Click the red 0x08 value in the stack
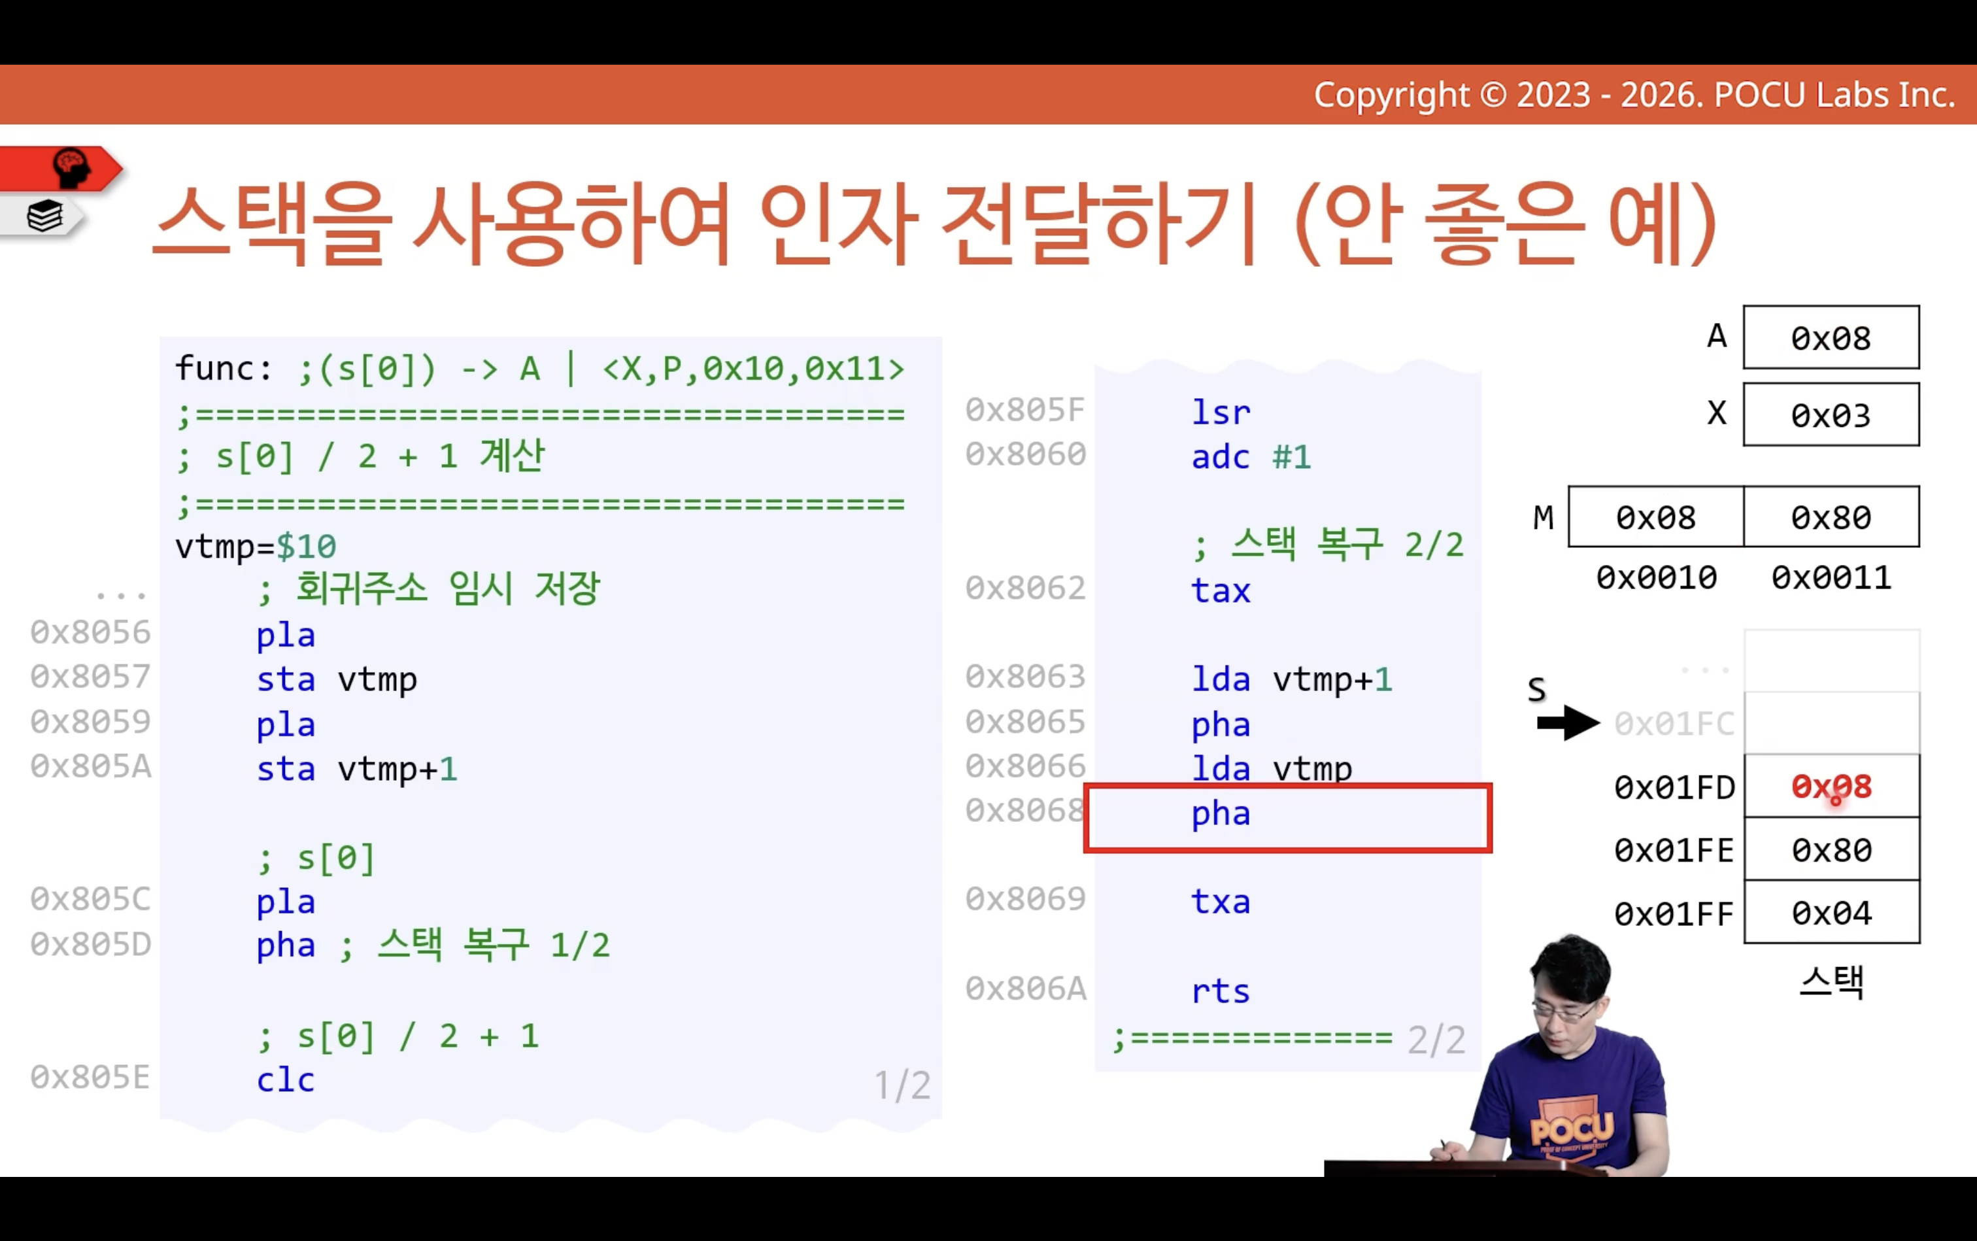point(1831,787)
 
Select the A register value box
point(1831,337)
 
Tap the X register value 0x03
point(1831,415)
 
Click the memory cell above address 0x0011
point(1832,517)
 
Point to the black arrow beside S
point(1568,723)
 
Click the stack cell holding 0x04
point(1832,912)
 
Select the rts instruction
point(1221,991)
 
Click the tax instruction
point(1221,590)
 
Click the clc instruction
point(285,1079)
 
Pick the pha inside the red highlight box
point(1221,813)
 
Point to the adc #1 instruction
point(1251,456)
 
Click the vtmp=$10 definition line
point(255,546)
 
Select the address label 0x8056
point(91,632)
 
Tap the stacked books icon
point(45,216)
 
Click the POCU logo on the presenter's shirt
point(1572,1128)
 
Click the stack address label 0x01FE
point(1674,850)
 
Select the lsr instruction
point(1221,412)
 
